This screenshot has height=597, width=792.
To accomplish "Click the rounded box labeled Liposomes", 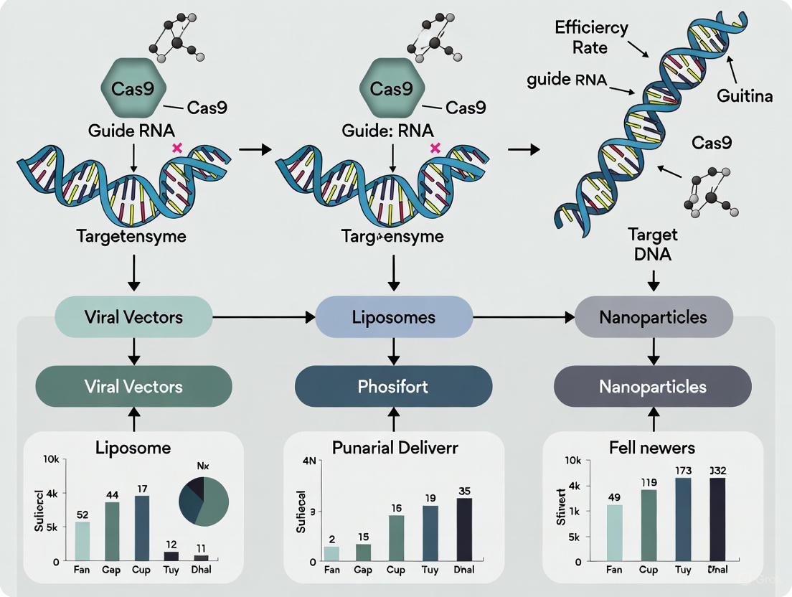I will pos(394,316).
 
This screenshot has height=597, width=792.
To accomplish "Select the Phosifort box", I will pos(393,387).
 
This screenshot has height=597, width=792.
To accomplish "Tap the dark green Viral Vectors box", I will pos(133,387).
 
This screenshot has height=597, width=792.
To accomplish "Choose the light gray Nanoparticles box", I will pos(654,316).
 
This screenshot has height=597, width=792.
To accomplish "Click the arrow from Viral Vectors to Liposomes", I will pos(264,316).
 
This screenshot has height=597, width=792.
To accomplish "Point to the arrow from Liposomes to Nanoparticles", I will pos(524,316).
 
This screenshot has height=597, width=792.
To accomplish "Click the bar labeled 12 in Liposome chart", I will pos(171,555).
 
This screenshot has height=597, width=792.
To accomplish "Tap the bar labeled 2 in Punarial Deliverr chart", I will pos(331,553).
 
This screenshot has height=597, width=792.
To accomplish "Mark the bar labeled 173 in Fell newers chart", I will pos(682,519).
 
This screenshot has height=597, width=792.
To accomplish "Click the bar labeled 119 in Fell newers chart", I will pos(649,525).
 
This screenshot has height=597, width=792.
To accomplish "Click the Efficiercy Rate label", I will pos(592,37).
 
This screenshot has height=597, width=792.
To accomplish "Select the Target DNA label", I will pos(653,245).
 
